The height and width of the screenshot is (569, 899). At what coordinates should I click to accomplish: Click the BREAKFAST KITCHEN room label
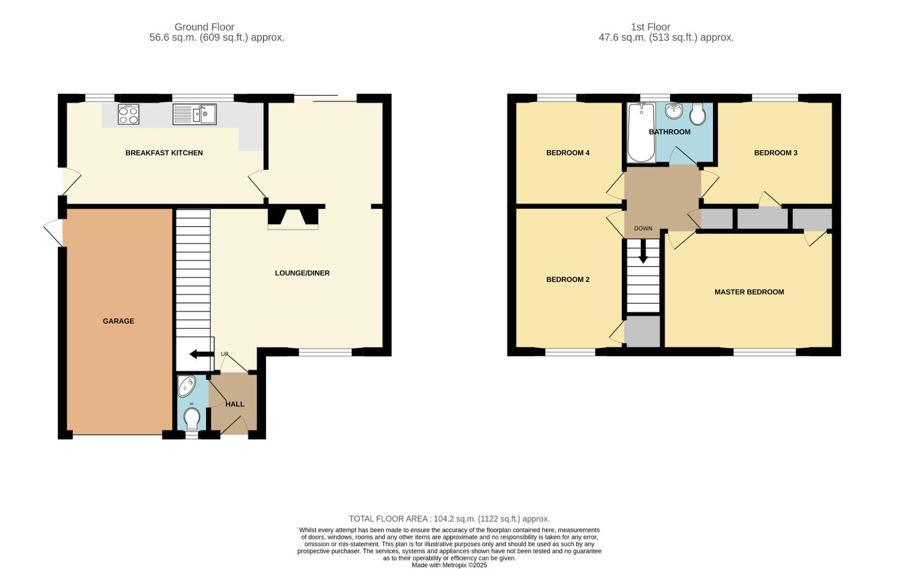(x=164, y=153)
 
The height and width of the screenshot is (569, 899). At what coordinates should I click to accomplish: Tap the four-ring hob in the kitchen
(x=129, y=114)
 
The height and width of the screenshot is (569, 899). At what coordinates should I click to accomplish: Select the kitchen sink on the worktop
(x=194, y=114)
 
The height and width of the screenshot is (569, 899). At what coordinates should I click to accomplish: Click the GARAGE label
(x=119, y=321)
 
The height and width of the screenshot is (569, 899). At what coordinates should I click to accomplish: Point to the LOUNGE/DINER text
(x=302, y=273)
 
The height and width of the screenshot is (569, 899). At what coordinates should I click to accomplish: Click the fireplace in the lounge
(x=293, y=218)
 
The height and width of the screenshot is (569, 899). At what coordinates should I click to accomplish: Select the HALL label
(x=235, y=404)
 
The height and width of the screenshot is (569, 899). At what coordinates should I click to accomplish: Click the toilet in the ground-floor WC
(x=192, y=419)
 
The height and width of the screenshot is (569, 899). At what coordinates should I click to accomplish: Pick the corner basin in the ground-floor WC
(x=186, y=386)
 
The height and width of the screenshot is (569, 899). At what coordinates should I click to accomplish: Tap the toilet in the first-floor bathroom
(x=698, y=114)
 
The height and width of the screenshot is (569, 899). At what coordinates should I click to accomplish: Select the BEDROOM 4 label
(x=568, y=153)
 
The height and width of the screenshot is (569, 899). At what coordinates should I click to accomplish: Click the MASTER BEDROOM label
(x=749, y=292)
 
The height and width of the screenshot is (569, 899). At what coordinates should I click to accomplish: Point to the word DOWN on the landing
(x=643, y=229)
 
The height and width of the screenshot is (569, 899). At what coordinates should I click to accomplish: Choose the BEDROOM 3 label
(x=775, y=153)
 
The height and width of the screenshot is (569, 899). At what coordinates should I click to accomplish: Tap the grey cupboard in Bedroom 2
(x=642, y=331)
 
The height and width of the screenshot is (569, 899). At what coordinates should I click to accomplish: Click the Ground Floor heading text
(x=204, y=27)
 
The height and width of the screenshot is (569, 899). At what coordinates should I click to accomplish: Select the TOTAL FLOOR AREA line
(x=449, y=519)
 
